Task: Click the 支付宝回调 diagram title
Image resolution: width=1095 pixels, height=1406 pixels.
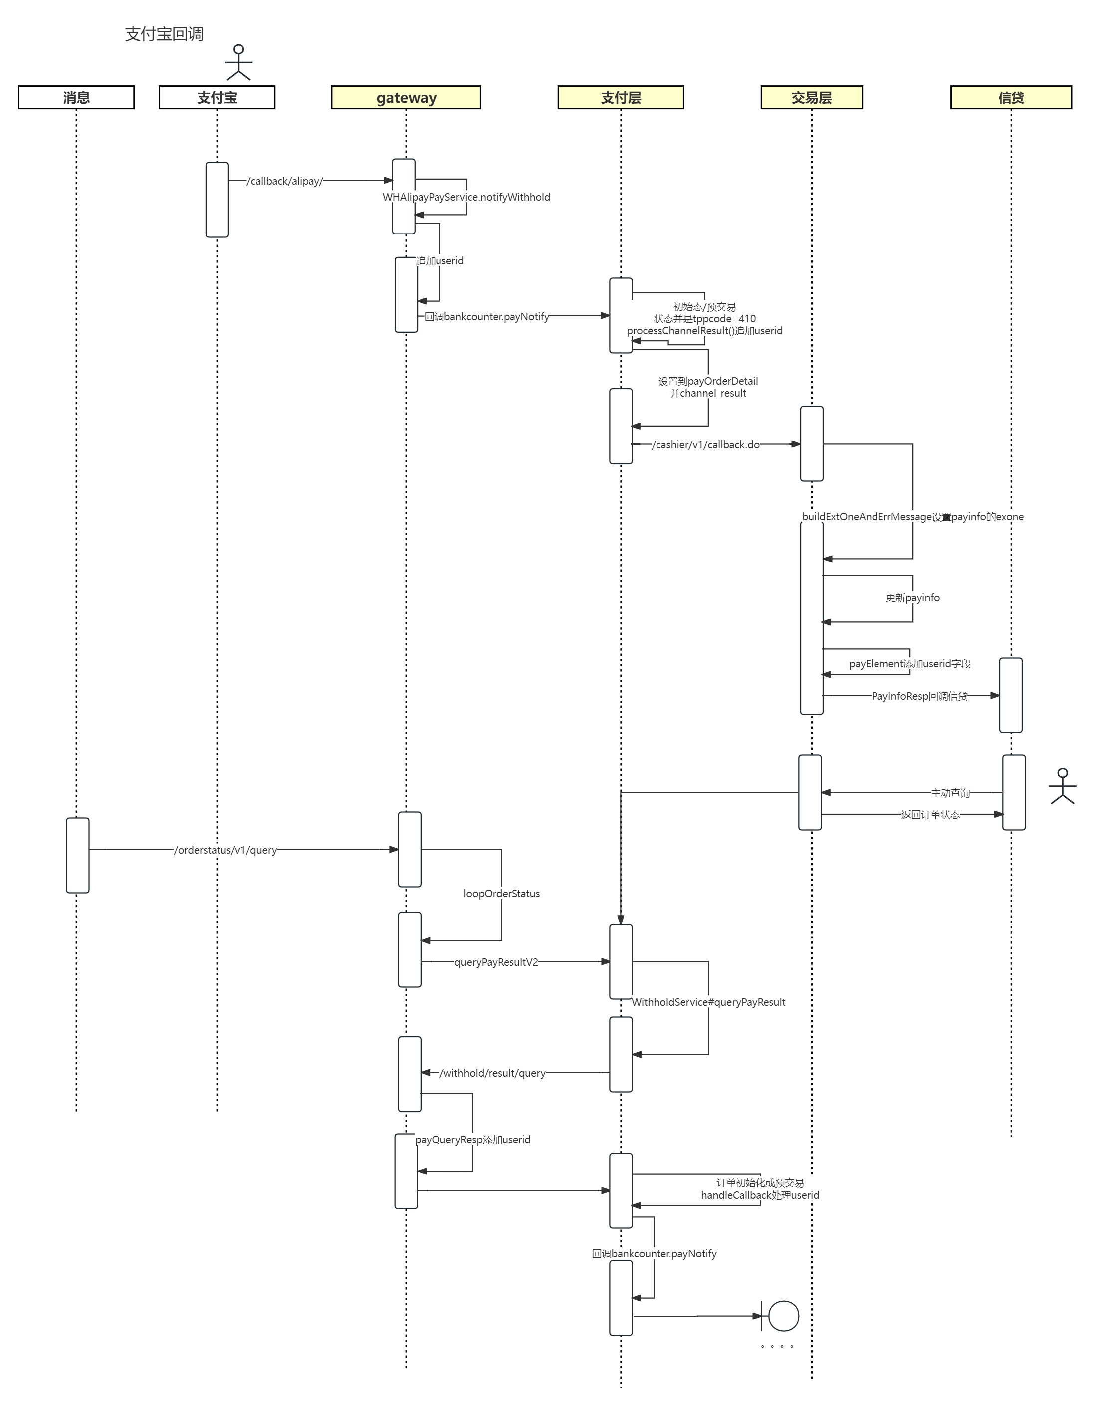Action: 164,34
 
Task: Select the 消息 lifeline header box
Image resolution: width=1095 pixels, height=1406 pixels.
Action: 76,97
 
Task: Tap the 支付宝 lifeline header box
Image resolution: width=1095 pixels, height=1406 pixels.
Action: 217,97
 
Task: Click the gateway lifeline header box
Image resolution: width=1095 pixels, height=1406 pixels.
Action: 406,97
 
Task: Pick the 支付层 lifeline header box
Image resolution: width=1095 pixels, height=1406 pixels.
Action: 621,97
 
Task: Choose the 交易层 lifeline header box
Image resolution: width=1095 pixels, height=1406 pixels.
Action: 811,97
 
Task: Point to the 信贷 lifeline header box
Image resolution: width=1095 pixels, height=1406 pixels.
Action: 1011,97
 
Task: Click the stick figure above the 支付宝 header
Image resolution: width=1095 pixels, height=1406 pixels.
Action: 239,62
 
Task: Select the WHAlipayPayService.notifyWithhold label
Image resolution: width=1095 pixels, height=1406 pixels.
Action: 466,197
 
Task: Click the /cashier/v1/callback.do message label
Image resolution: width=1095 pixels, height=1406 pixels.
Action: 705,444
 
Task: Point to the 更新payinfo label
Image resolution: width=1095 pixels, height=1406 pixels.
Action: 912,597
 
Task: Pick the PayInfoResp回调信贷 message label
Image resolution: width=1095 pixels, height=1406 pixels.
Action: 919,696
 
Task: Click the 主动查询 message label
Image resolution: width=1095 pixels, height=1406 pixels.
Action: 950,793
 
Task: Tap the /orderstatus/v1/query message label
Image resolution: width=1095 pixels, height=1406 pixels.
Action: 225,850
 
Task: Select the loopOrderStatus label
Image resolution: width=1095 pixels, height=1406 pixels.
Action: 501,894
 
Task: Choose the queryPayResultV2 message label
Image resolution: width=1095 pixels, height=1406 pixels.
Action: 496,962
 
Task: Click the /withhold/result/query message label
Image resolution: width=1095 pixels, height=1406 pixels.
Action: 492,1073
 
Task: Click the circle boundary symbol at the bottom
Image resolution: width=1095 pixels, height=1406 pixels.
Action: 783,1316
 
